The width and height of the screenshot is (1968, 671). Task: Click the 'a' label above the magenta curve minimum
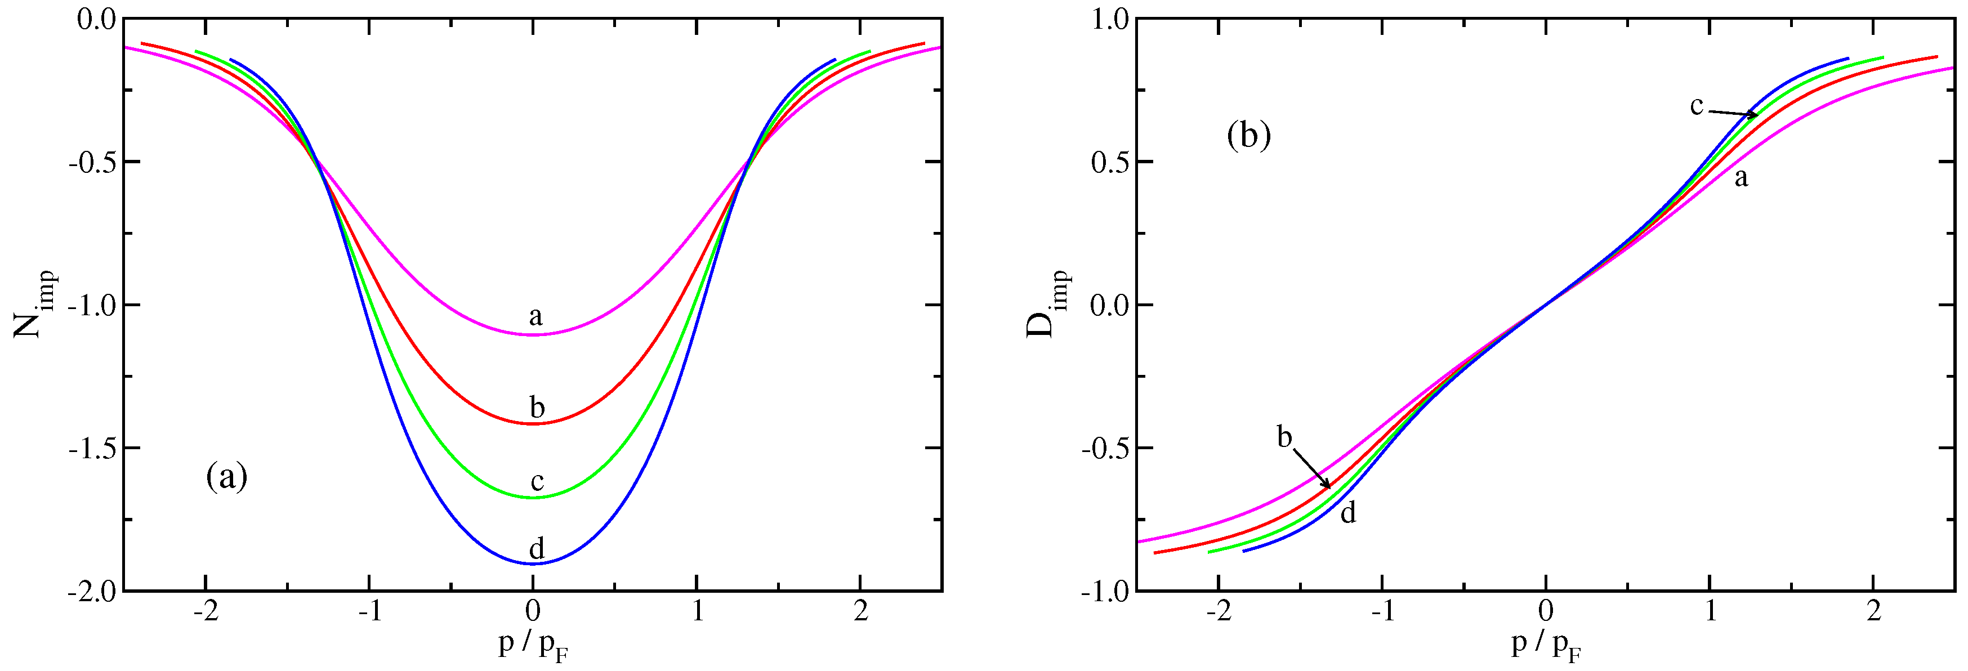click(x=535, y=316)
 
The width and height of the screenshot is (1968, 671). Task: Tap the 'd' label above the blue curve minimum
click(x=536, y=548)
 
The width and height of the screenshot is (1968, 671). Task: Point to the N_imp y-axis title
click(x=35, y=305)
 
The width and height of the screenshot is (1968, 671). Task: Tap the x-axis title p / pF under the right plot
click(x=1546, y=647)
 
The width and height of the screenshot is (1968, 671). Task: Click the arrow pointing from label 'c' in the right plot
click(x=1732, y=114)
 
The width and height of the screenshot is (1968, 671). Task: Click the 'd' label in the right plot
click(x=1349, y=513)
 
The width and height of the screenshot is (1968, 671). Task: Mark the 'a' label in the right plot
click(x=1741, y=178)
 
